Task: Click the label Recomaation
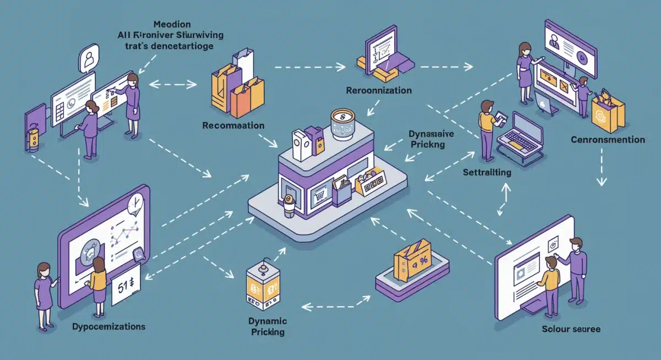tap(233, 126)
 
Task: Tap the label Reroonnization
tap(378, 90)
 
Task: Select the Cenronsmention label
tap(608, 140)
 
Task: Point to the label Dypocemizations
tap(109, 326)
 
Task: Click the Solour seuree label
tap(571, 329)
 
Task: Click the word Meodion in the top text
tap(172, 24)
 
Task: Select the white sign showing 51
tap(126, 286)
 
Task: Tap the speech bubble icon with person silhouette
tap(88, 58)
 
